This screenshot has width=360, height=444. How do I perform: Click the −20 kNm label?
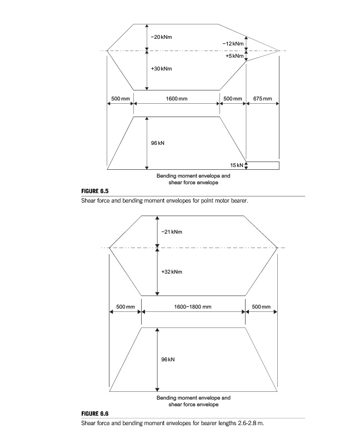(161, 37)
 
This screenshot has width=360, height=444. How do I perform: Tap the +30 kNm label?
(161, 68)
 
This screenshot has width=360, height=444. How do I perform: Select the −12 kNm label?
(233, 43)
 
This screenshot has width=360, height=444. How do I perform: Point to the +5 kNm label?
(234, 56)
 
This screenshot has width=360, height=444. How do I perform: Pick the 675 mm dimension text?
(262, 98)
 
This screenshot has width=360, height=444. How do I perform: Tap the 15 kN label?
(237, 165)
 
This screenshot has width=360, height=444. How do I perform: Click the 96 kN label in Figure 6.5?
(158, 143)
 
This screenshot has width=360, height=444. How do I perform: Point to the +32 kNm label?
(172, 272)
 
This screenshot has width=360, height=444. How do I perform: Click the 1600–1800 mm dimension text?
(193, 307)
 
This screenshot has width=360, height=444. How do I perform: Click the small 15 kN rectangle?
(262, 165)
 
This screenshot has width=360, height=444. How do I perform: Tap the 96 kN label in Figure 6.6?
(168, 360)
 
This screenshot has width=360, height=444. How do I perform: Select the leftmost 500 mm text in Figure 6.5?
(120, 98)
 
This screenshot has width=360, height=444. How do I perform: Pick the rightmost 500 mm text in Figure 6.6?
(261, 307)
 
